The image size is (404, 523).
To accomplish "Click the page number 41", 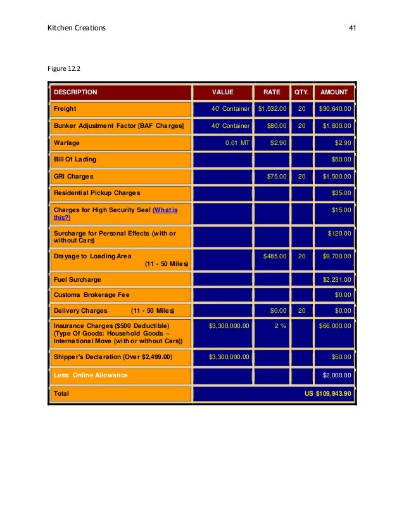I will (x=353, y=28).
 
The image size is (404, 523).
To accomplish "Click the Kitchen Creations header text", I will (x=77, y=28).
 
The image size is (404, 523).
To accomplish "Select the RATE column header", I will (x=271, y=92).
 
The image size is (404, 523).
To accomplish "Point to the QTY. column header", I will (x=301, y=92).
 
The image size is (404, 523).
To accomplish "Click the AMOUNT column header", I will (x=334, y=92).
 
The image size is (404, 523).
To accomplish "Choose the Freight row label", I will (x=65, y=109).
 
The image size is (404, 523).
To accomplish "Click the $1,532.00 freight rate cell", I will (x=272, y=109).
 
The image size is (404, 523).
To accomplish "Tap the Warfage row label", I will (x=66, y=142).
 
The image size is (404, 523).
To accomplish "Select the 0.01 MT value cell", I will (x=237, y=142).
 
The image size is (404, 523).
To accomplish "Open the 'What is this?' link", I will (x=165, y=210).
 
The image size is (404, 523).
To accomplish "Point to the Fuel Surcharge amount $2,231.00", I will (x=337, y=279).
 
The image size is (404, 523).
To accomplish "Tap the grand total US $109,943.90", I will (x=327, y=393).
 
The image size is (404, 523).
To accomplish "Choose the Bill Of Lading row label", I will (x=75, y=160).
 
